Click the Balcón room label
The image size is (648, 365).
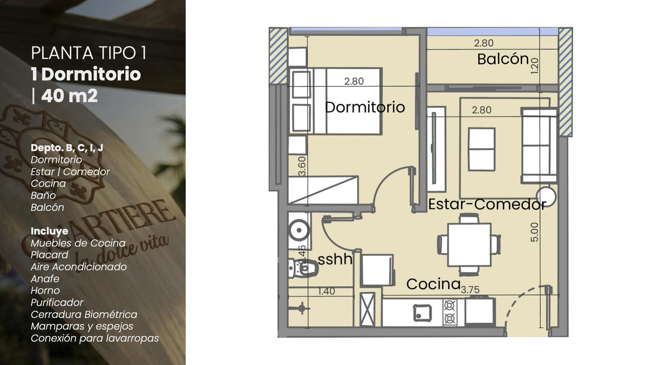(x=503, y=59)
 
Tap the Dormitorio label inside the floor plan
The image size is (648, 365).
(x=365, y=107)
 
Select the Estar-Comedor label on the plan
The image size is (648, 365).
(x=487, y=204)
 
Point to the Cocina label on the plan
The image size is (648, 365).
(x=433, y=284)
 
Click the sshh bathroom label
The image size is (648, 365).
(x=335, y=259)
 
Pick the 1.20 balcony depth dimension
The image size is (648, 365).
(x=535, y=66)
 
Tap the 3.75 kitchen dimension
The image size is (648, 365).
(x=470, y=290)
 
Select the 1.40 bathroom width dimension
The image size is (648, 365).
(x=326, y=291)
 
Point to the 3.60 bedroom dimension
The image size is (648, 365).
(x=302, y=166)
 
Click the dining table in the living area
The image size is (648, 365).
(x=469, y=245)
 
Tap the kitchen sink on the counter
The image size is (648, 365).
(x=422, y=313)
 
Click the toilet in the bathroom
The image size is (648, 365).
(x=303, y=267)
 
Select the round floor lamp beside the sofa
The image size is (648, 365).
(x=546, y=197)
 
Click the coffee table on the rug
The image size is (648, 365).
(x=482, y=149)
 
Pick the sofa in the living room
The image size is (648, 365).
(x=539, y=146)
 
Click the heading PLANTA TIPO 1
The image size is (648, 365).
(x=89, y=53)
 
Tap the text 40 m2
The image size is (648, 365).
(x=69, y=96)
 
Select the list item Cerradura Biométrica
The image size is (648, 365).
(x=84, y=314)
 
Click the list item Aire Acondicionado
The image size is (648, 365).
(x=79, y=266)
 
